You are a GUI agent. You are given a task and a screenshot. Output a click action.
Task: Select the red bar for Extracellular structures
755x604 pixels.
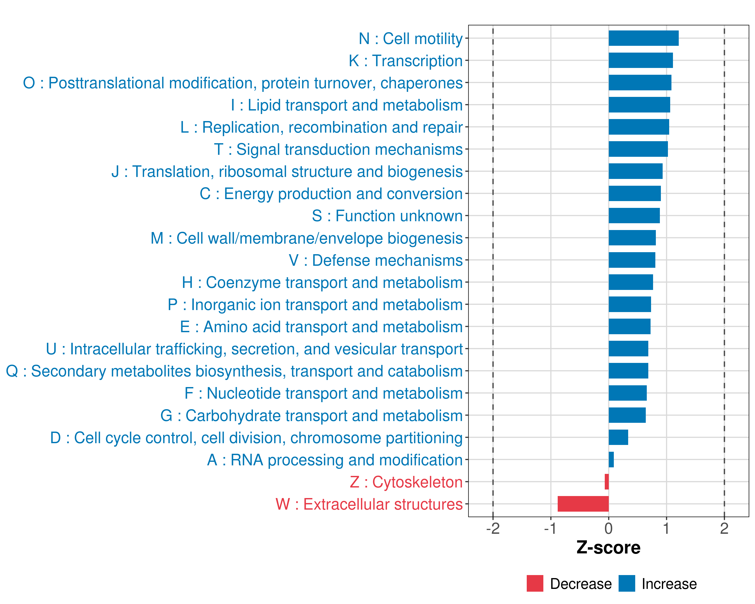(583, 504)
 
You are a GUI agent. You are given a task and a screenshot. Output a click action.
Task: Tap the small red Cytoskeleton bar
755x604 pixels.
(607, 482)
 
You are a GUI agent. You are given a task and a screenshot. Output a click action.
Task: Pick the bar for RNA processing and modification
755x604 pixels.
(611, 459)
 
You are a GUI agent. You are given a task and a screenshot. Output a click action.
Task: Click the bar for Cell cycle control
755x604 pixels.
(618, 437)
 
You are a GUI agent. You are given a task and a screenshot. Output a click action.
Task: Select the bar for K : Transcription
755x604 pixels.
(640, 60)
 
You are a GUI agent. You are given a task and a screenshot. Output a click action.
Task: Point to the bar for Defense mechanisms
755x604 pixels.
(632, 260)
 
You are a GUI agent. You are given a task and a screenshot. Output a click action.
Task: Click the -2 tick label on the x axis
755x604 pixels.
(493, 528)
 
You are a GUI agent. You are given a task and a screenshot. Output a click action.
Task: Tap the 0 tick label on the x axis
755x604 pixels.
(609, 528)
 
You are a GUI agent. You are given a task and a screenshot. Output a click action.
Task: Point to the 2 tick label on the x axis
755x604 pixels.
(724, 528)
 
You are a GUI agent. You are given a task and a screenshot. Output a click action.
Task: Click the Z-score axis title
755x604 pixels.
(608, 548)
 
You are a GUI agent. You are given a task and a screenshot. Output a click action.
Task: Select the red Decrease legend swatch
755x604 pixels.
(535, 583)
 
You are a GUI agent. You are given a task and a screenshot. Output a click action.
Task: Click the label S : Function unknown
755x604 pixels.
(387, 216)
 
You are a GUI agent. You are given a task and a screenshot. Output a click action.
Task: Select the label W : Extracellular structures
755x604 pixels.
(369, 504)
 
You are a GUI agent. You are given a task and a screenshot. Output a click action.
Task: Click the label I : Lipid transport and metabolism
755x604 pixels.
(347, 105)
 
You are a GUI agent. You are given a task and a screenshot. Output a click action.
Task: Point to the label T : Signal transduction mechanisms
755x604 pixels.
(338, 149)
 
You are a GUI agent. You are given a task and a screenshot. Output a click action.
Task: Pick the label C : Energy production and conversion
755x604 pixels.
(331, 194)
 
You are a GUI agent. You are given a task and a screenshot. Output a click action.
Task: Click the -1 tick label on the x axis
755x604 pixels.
(550, 528)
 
